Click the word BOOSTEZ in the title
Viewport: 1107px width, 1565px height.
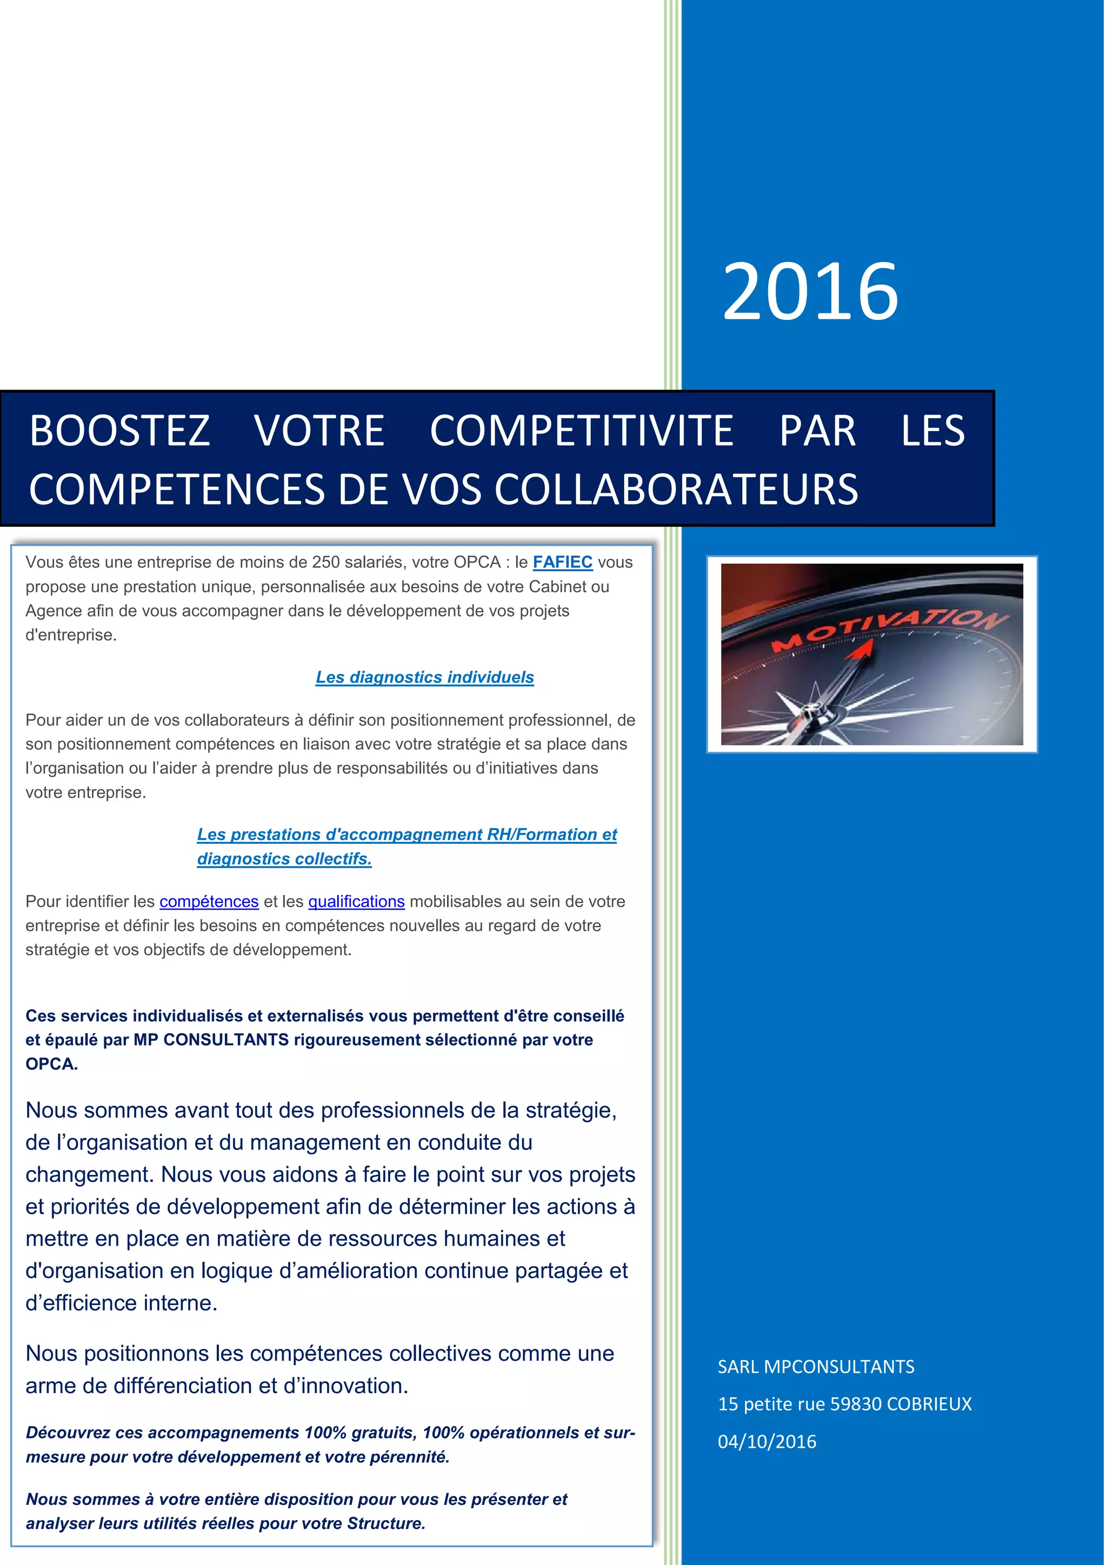[119, 431]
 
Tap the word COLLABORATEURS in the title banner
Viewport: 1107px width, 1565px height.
[676, 490]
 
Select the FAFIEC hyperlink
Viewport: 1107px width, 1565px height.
[562, 563]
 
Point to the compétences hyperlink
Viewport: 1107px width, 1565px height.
[209, 902]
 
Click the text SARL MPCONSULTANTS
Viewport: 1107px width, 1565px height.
[815, 1367]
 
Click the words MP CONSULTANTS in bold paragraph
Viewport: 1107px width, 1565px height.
[211, 1040]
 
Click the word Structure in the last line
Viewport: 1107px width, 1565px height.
[385, 1524]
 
